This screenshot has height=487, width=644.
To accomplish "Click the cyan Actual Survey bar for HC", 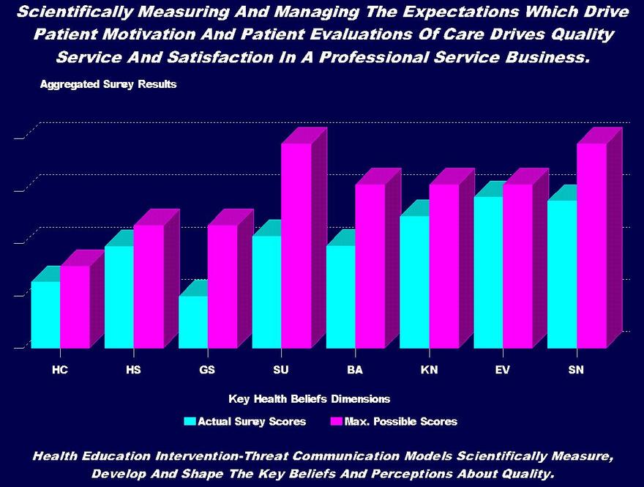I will click(x=45, y=315).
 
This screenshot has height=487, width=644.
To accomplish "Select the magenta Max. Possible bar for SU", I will click(x=296, y=245).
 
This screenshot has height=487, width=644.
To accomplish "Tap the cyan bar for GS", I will click(x=193, y=322).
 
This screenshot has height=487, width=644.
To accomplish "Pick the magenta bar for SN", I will click(x=591, y=245).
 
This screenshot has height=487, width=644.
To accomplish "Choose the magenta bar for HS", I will click(x=149, y=286).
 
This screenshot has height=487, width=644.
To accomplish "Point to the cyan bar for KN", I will click(x=414, y=282).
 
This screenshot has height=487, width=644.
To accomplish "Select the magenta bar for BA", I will click(x=370, y=266).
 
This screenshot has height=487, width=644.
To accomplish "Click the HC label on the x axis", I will click(x=60, y=370).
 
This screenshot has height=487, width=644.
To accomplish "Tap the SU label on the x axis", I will click(x=281, y=370).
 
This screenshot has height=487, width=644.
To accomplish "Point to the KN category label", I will click(x=429, y=370).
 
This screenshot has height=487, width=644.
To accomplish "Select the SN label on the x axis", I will click(x=577, y=370).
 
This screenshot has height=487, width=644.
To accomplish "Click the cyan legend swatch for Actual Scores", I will click(x=190, y=421).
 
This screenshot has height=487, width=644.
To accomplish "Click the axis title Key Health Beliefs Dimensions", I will click(x=309, y=399).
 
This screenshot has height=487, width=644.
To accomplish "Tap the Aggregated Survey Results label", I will click(x=108, y=84).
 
